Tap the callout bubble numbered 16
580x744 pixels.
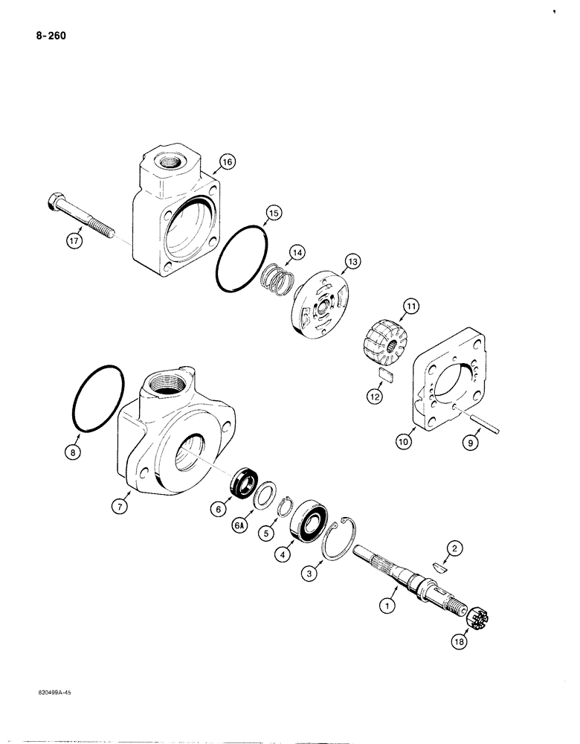point(226,160)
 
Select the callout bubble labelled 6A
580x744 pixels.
point(239,526)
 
